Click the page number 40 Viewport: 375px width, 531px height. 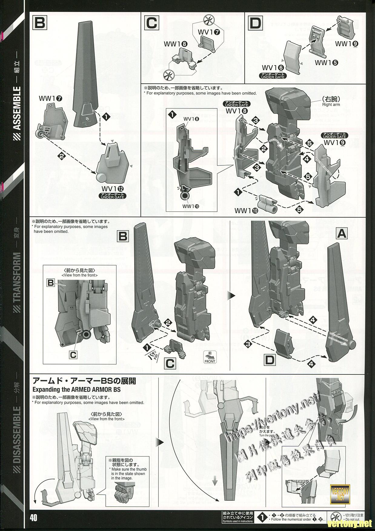[34, 518]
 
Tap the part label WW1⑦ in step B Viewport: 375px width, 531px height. [51, 98]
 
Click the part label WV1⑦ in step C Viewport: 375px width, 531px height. [207, 32]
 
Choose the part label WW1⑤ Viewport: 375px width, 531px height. [326, 63]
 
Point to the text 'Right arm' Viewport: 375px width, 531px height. [331, 105]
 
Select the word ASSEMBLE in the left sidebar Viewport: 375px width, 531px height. [18, 108]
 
